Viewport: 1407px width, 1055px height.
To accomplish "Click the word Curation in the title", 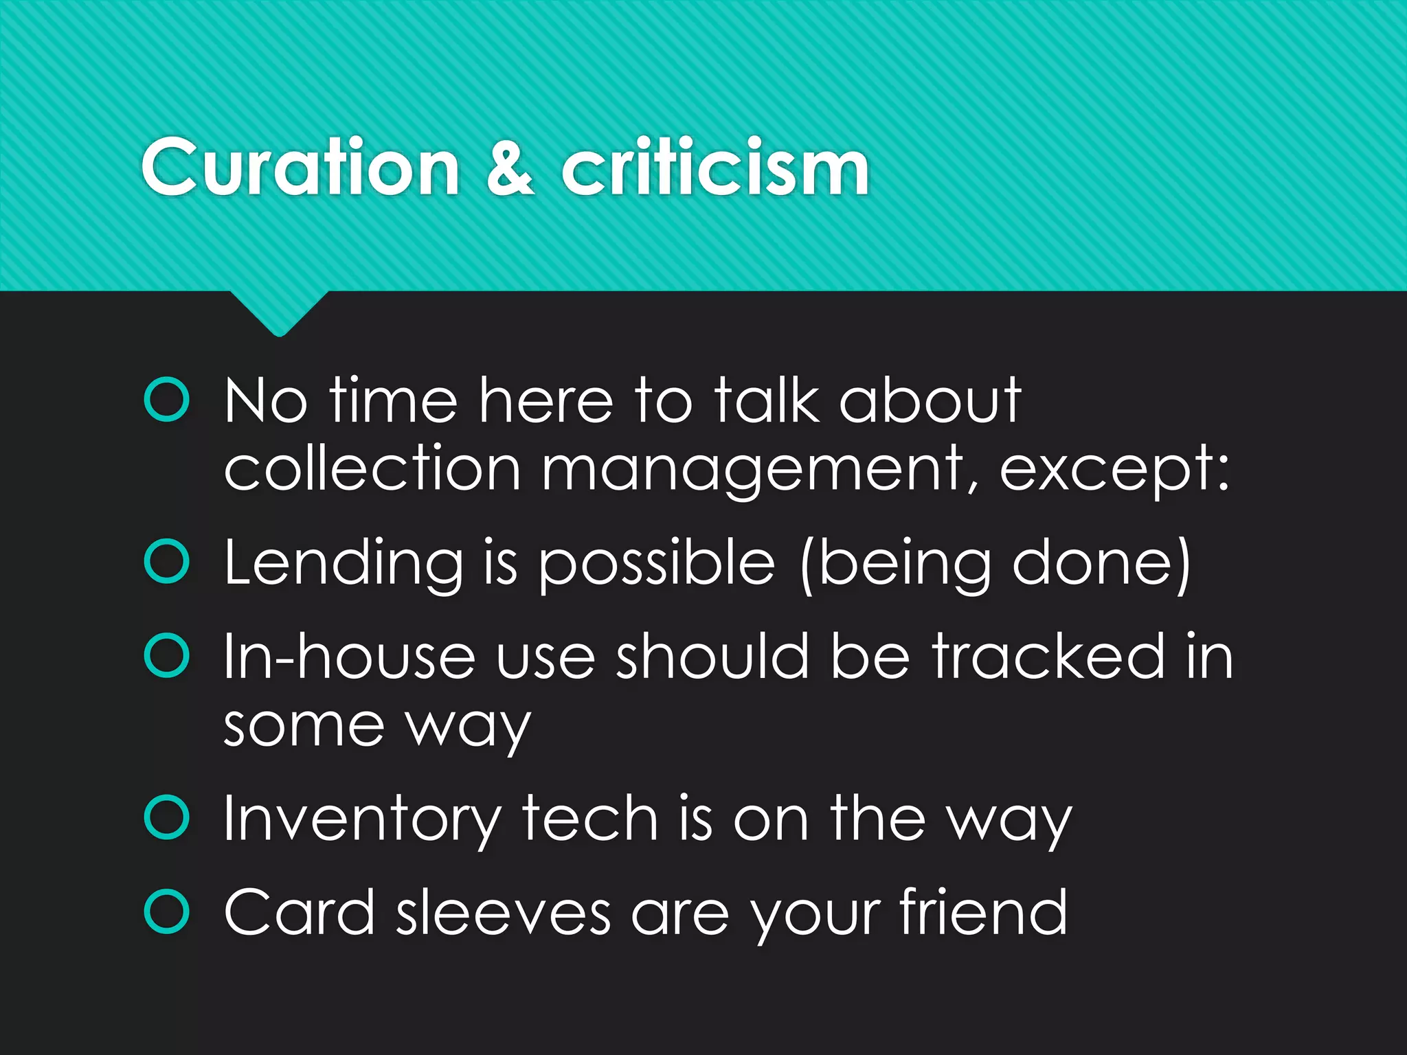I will point(300,167).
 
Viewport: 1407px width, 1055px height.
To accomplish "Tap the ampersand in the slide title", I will point(510,167).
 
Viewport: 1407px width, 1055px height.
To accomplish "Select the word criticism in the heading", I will point(715,167).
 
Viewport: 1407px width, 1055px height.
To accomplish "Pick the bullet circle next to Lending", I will point(167,562).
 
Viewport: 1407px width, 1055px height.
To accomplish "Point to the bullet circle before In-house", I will point(167,656).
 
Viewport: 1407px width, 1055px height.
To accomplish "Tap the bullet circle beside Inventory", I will point(167,817).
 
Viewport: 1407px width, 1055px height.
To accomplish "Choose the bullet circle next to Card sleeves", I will point(167,911).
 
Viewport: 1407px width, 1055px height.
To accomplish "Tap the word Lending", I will point(344,563).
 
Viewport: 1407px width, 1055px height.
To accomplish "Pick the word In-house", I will point(349,657).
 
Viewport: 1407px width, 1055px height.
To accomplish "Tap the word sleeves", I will point(504,913).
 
